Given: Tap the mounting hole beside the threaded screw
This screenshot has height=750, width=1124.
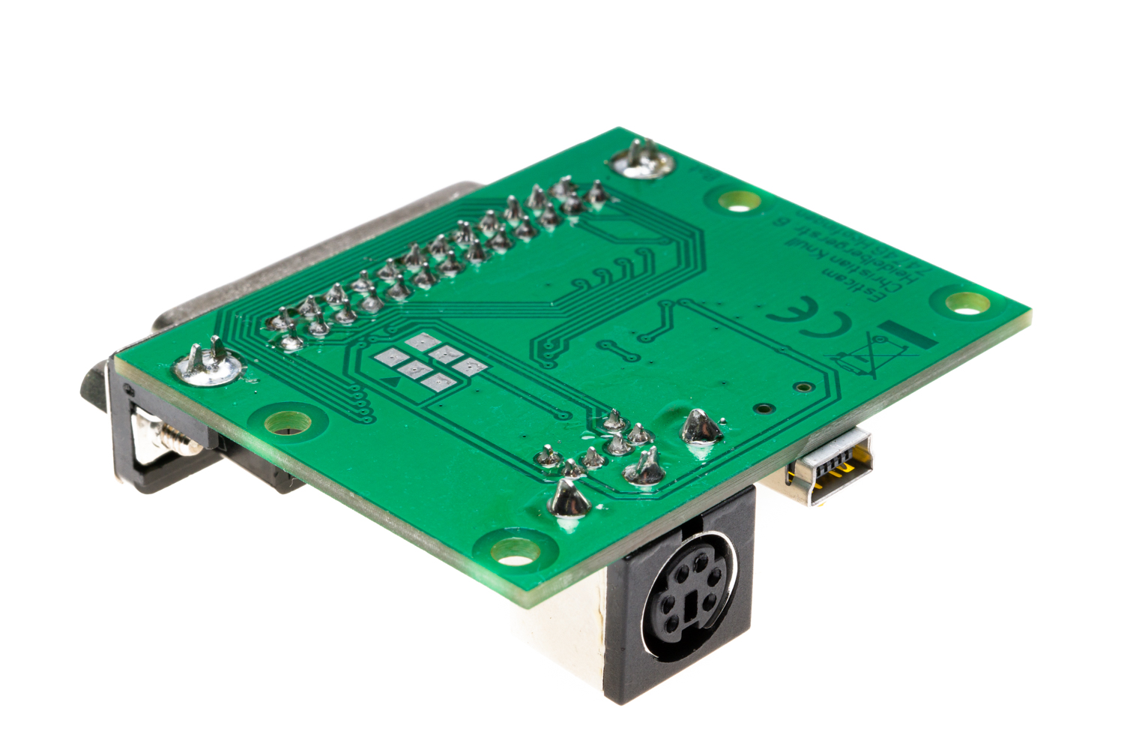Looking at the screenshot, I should pos(288,422).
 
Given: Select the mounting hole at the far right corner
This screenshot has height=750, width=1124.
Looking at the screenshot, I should pos(967,303).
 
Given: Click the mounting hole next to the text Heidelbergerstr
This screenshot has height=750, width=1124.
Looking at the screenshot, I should pos(739,200).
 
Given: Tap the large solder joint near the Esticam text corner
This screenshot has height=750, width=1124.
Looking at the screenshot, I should pos(641,160).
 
